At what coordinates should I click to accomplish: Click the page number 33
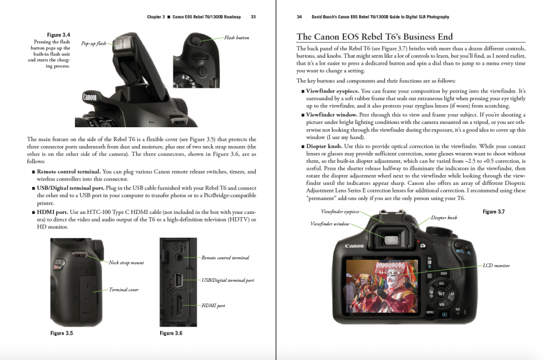tap(253, 17)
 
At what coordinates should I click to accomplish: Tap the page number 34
tap(299, 17)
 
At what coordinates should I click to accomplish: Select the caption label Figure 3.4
tap(59, 35)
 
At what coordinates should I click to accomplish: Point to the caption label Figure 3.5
tap(61, 333)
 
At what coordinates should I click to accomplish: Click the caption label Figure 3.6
tap(171, 333)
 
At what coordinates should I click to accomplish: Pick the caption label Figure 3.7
tap(493, 212)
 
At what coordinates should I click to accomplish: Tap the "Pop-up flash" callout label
tap(94, 43)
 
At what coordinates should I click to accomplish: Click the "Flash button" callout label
tap(237, 38)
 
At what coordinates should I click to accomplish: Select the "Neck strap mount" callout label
tap(126, 263)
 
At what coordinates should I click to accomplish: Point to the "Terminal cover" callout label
tap(123, 290)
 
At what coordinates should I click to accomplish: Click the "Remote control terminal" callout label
tap(225, 258)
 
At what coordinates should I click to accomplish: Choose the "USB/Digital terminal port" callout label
tap(227, 280)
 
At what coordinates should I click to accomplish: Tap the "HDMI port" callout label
tap(213, 306)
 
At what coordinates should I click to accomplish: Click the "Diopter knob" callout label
tap(444, 218)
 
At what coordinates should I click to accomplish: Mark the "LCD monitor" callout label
tap(496, 265)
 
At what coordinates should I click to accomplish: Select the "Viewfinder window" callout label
tap(330, 224)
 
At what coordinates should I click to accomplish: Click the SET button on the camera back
tap(440, 294)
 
